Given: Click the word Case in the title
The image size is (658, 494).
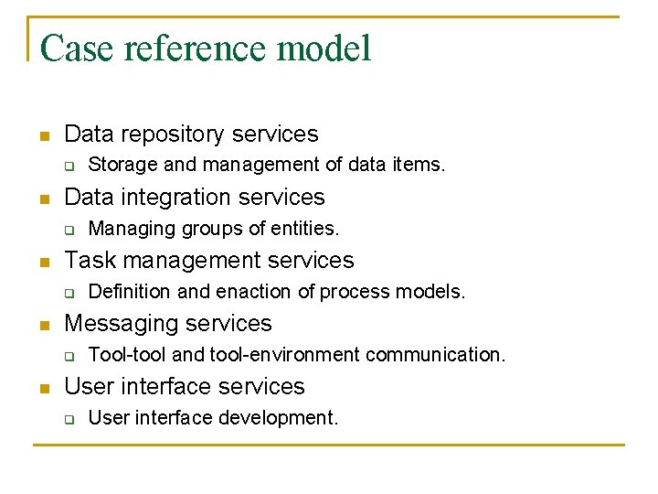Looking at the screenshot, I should (x=76, y=48).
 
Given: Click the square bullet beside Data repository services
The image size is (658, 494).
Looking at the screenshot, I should (x=42, y=136).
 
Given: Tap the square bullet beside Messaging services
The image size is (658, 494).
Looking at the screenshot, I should (x=42, y=326).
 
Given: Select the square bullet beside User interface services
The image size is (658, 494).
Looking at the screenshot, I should (x=42, y=389).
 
